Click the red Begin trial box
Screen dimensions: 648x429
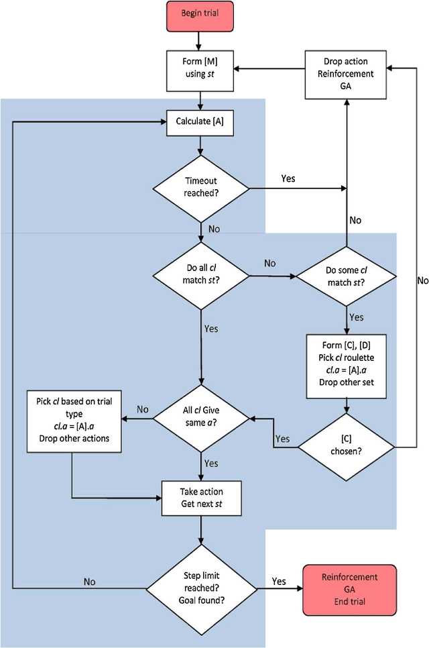click(201, 14)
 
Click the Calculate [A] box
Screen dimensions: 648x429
click(200, 121)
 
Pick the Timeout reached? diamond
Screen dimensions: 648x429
click(200, 186)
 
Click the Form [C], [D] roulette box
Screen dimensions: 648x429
click(345, 363)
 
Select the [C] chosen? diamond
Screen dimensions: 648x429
click(345, 444)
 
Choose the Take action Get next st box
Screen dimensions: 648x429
click(201, 498)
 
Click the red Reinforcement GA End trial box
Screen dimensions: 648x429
click(349, 588)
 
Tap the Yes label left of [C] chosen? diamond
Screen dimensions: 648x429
click(283, 439)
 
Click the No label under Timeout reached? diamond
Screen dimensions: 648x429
click(214, 229)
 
